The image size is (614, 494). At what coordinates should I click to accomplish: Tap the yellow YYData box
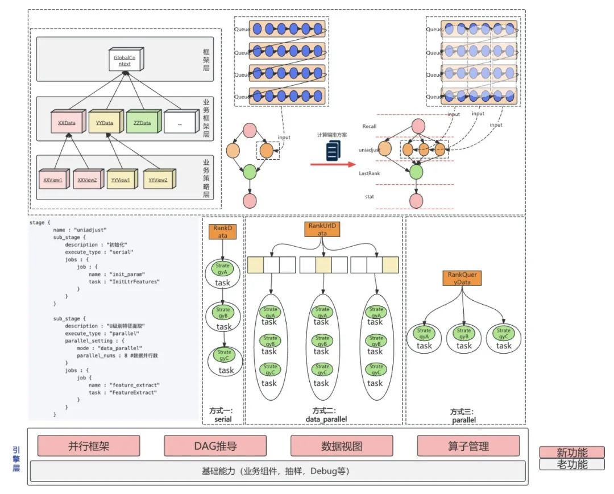point(104,122)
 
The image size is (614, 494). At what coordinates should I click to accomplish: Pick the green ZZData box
point(142,122)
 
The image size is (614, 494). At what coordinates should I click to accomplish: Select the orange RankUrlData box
point(322,229)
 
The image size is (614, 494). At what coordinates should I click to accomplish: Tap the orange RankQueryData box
point(462,278)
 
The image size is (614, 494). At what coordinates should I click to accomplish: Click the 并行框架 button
point(89,446)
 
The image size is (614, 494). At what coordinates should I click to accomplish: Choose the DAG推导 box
point(215,446)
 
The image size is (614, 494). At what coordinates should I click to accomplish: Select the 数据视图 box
point(342,446)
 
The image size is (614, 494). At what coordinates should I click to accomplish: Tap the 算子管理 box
point(468,446)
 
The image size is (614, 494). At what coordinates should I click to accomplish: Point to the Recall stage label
point(370,126)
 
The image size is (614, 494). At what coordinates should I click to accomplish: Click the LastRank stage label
point(370,173)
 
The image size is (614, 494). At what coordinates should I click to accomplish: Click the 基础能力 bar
point(276,471)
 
